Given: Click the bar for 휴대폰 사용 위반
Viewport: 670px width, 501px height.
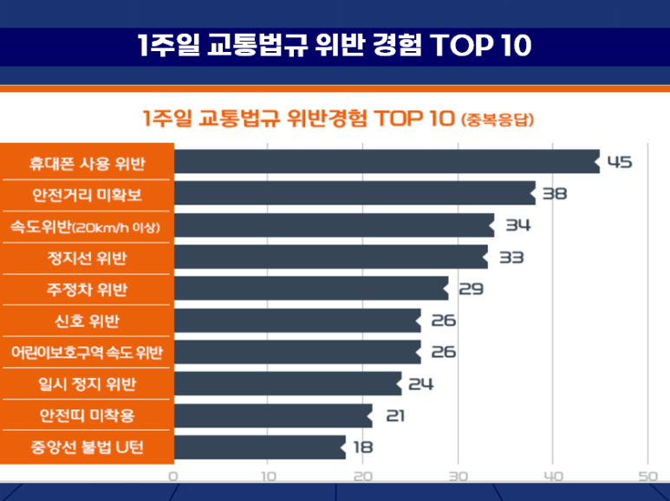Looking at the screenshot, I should click(386, 162).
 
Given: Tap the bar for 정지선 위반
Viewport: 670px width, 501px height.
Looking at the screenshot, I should click(330, 257).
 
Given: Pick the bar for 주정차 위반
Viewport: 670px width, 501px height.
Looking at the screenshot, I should click(311, 289).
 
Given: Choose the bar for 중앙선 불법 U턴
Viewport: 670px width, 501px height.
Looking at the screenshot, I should click(259, 447).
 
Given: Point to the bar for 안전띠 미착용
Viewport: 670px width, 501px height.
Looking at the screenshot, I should click(273, 416).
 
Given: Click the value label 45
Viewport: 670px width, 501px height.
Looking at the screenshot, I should click(620, 162).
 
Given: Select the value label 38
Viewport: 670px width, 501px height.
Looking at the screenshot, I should click(555, 193).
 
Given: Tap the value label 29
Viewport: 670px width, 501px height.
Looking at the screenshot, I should click(470, 289).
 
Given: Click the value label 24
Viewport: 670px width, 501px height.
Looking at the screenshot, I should click(420, 384).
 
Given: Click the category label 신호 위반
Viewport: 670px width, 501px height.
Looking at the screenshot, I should click(87, 321).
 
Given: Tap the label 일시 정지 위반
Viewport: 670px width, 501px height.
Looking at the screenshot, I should click(87, 384).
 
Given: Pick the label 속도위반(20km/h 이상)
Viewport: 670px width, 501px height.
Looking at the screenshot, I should click(87, 225).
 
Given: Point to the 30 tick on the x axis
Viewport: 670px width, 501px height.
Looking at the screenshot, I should click(459, 476).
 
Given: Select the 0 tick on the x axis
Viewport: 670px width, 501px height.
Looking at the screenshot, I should click(174, 476).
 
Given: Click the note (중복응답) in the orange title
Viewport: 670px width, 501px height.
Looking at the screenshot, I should click(497, 119).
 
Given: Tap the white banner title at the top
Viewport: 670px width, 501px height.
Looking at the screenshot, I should click(335, 46).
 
